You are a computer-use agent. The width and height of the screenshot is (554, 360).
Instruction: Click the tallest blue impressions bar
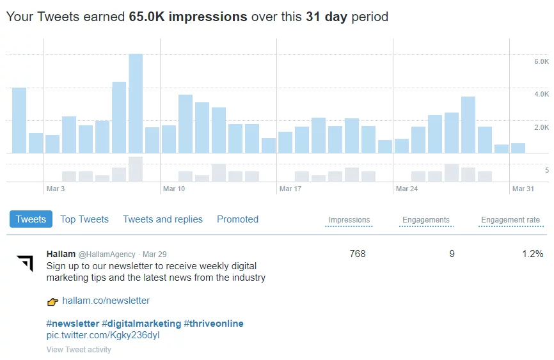[x=136, y=103]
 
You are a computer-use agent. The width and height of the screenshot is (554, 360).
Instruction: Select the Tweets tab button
[x=31, y=219]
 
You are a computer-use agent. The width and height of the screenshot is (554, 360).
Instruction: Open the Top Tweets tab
[x=84, y=219]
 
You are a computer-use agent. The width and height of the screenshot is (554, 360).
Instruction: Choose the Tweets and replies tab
[x=162, y=219]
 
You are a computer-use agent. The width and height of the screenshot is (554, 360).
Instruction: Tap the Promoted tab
[x=237, y=219]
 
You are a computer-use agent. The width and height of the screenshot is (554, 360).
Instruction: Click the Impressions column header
[x=349, y=220]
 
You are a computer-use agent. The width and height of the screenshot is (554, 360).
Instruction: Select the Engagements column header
[x=426, y=220]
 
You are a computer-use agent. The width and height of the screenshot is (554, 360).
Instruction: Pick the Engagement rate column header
[x=510, y=220]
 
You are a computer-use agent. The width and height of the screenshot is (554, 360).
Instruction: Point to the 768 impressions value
[x=358, y=254]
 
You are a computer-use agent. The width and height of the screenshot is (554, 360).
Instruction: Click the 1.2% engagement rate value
[x=533, y=254]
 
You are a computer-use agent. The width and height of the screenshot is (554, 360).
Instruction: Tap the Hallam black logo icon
[x=25, y=263]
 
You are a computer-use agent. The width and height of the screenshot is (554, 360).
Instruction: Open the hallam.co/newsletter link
[x=106, y=301]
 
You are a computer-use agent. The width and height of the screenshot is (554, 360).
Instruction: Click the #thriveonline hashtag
[x=214, y=324]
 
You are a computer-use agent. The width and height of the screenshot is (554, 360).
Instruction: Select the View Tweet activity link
[x=79, y=350]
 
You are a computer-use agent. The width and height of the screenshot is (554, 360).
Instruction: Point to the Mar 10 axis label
[x=174, y=189]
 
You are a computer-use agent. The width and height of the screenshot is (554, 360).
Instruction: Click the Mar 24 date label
[x=407, y=189]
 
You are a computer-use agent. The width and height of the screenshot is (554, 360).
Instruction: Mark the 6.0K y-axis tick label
[x=541, y=61]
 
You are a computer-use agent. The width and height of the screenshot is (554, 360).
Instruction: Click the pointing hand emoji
[x=52, y=301]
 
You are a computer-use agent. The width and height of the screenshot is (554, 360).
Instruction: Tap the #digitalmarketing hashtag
[x=141, y=324]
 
